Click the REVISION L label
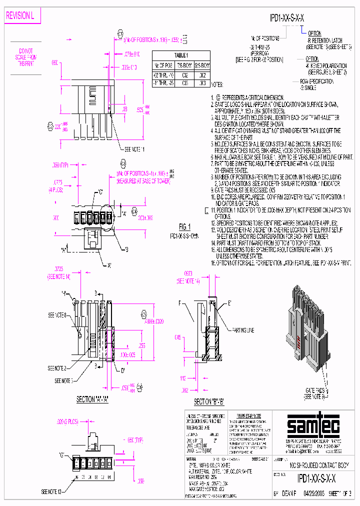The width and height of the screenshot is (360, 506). tap(19, 16)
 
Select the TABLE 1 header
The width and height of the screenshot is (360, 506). tap(180, 55)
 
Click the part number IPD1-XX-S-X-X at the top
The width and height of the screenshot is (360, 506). tap(286, 18)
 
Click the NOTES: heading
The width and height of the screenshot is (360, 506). tap(217, 86)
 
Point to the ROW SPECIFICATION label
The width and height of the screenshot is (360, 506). tap(316, 81)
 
